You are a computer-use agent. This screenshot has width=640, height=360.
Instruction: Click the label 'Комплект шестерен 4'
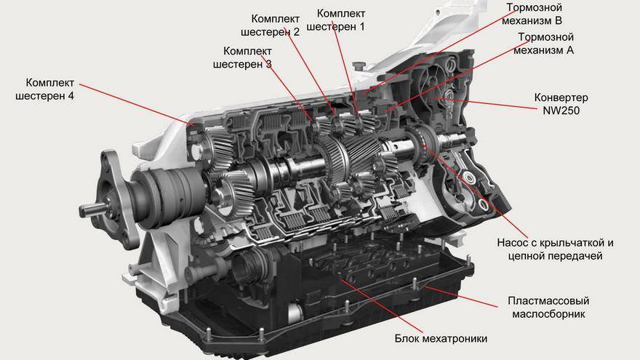point(45,89)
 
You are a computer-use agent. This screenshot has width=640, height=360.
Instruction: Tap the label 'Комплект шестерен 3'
point(242,57)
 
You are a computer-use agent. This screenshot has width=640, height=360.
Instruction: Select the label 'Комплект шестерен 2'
point(271,25)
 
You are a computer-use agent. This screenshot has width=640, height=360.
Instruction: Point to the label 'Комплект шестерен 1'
point(335,20)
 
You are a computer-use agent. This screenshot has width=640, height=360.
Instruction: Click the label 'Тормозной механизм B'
point(532,14)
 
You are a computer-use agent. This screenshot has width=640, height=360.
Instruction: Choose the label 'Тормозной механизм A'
point(544,43)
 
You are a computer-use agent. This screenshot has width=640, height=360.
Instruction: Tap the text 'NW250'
point(561,111)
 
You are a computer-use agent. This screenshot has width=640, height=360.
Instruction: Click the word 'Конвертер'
point(561,97)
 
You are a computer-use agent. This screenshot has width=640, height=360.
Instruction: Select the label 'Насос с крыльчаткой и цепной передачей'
point(555,249)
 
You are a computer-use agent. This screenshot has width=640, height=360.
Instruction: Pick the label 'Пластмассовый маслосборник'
point(548,308)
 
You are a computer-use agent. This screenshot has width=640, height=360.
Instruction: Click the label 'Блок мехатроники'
point(441,338)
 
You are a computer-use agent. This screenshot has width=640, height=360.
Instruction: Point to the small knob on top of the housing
point(358,65)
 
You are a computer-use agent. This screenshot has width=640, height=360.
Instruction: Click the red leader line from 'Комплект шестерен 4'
point(137,105)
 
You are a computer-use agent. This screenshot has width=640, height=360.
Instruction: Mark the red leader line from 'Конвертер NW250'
point(486,103)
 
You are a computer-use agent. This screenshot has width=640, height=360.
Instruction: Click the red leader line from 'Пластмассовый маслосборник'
point(461,296)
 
